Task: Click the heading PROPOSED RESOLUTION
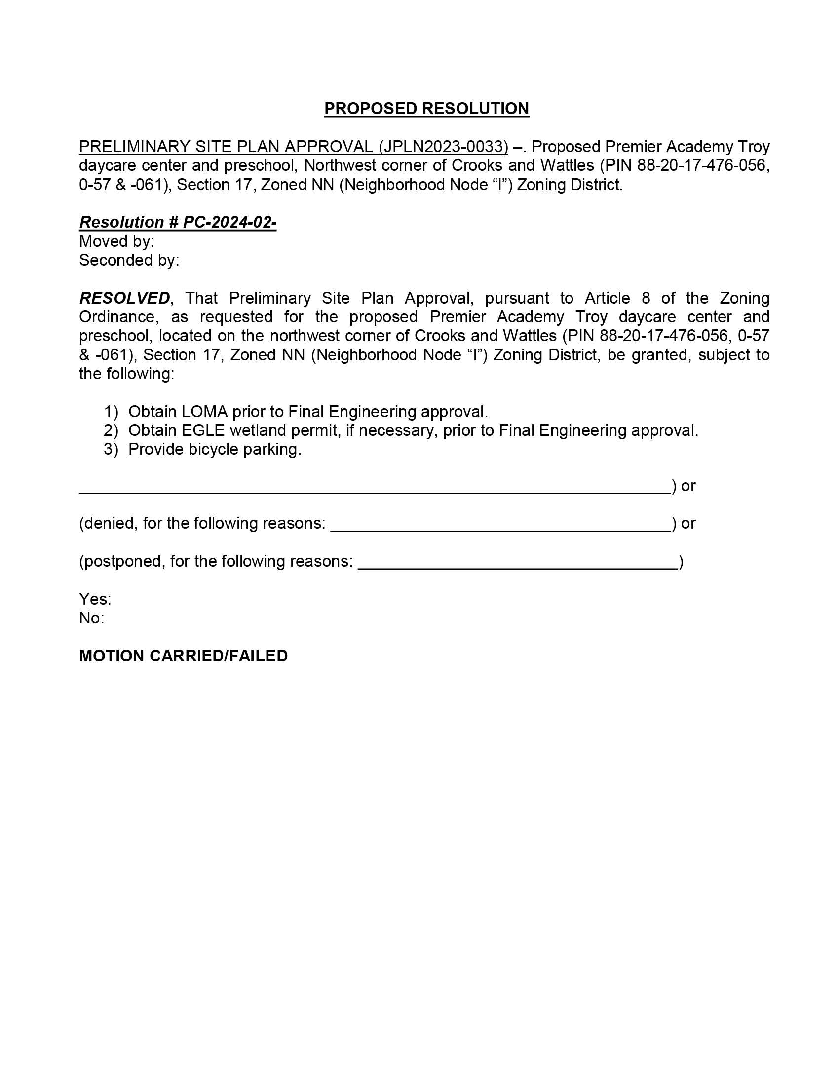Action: [426, 109]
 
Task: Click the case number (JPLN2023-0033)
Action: [443, 147]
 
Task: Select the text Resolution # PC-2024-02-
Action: [178, 222]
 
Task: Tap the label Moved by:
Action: [116, 241]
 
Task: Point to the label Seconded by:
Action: [129, 260]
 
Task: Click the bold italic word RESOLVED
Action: [124, 298]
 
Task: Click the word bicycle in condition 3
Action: [213, 450]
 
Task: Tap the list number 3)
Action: [111, 450]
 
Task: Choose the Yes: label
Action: [95, 599]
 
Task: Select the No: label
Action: [91, 618]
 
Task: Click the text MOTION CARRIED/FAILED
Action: [184, 656]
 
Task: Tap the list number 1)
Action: [111, 412]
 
